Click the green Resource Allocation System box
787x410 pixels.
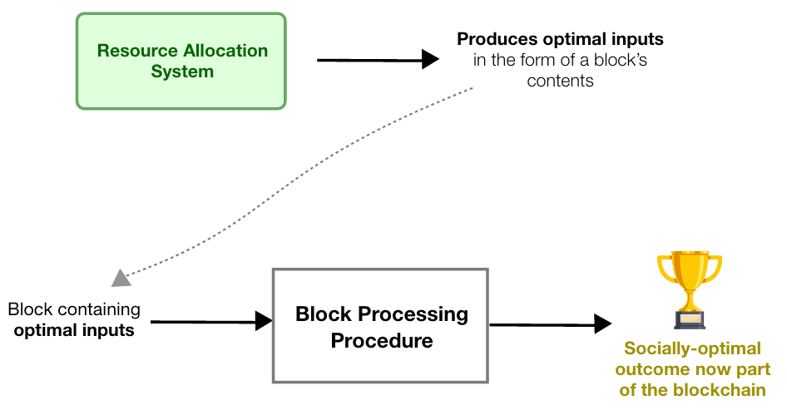click(x=181, y=61)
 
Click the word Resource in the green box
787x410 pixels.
click(x=131, y=50)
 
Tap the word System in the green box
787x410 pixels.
click(x=182, y=72)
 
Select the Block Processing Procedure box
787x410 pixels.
click(x=380, y=325)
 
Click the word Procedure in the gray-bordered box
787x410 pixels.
click(x=381, y=341)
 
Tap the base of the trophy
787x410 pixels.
click(x=690, y=321)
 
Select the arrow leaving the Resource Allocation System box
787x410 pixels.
click(x=378, y=59)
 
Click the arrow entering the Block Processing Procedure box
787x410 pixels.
click(x=211, y=321)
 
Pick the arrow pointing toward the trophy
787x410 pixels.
click(x=549, y=324)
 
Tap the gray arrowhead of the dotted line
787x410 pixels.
click(x=121, y=278)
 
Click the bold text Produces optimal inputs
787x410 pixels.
click(x=561, y=39)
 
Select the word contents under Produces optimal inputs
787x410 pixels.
click(x=560, y=81)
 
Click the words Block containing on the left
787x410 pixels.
click(x=74, y=309)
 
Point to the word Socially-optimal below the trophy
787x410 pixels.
click(x=692, y=348)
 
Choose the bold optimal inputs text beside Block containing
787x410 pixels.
click(x=73, y=330)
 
